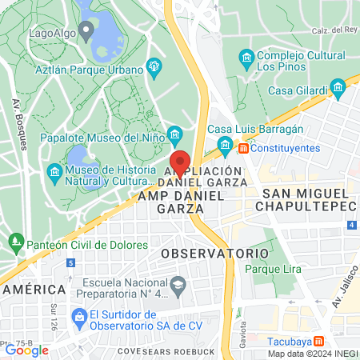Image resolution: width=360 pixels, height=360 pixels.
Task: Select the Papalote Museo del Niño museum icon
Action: pos(176,133)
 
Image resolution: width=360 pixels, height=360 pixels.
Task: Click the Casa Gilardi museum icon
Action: pos(338,85)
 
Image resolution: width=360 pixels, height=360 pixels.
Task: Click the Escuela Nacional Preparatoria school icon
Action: pos(178,284)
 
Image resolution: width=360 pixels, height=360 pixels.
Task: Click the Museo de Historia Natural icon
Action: pos(54,172)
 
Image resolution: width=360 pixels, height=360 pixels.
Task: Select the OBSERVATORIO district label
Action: pos(214,253)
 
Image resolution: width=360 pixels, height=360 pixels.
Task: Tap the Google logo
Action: pos(26,350)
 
